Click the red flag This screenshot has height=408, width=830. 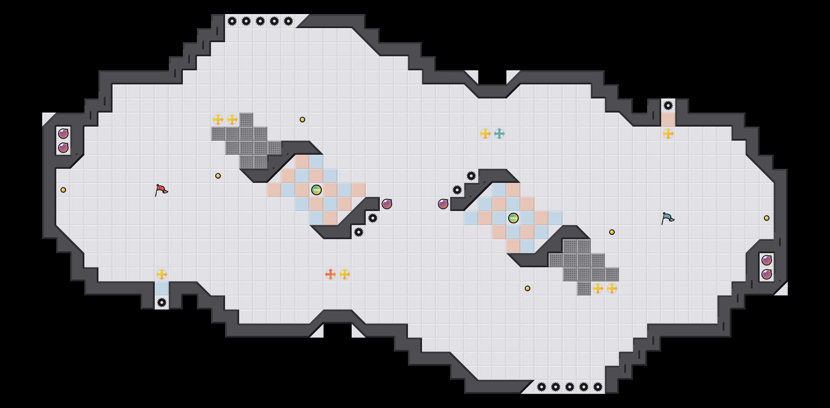tap(161, 190)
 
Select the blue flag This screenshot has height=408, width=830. tap(668, 218)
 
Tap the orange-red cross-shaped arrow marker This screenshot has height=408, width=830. tap(331, 274)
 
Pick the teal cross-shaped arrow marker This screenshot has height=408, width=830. tap(499, 134)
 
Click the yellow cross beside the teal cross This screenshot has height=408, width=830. tap(485, 134)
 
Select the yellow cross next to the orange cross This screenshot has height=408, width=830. tap(345, 274)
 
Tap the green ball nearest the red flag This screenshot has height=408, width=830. tap(317, 190)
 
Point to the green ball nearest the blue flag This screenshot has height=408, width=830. tap(513, 218)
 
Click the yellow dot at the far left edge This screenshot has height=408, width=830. tap(63, 190)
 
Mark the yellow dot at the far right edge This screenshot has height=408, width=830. tap(767, 218)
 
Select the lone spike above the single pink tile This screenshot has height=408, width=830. tap(668, 106)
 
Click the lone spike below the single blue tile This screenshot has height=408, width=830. tap(162, 302)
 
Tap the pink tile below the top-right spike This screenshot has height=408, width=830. tap(668, 120)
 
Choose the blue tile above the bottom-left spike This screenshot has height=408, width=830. tap(162, 288)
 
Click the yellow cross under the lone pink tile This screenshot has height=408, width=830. tap(668, 134)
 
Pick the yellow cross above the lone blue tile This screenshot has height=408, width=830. tap(162, 274)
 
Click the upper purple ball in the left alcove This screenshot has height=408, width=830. tap(63, 134)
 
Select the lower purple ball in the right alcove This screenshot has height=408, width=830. tap(767, 274)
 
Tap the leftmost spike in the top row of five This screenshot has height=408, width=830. tap(232, 21)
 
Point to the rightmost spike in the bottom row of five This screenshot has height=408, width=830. tap(598, 387)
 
